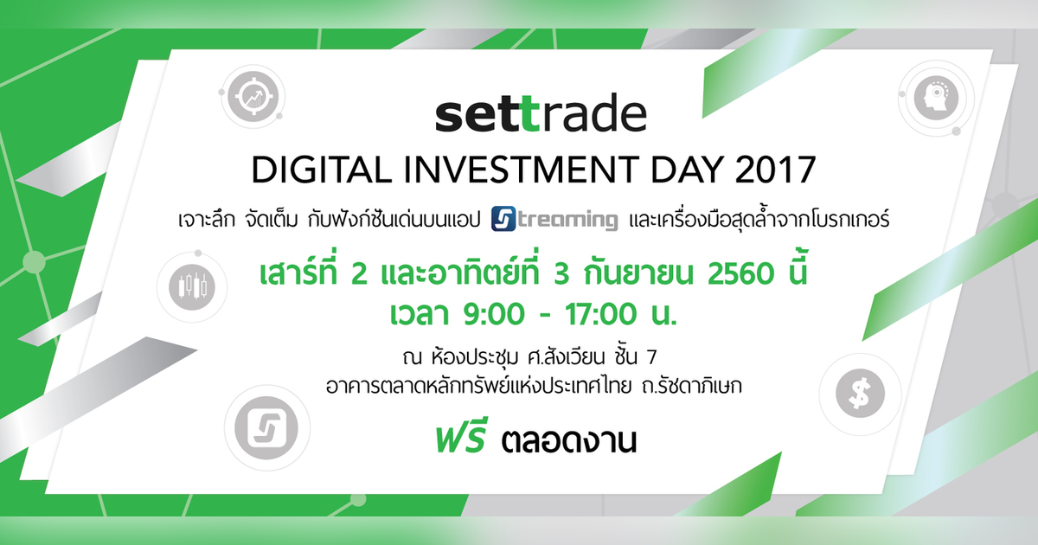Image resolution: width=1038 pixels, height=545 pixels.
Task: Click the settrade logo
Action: click(x=540, y=116)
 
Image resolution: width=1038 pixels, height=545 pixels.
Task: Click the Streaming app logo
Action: click(x=554, y=219)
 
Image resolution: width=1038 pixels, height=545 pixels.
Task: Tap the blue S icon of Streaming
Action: click(x=503, y=219)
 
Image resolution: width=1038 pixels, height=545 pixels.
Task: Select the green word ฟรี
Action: click(x=459, y=442)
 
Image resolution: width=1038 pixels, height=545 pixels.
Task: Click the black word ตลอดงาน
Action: click(x=568, y=444)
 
